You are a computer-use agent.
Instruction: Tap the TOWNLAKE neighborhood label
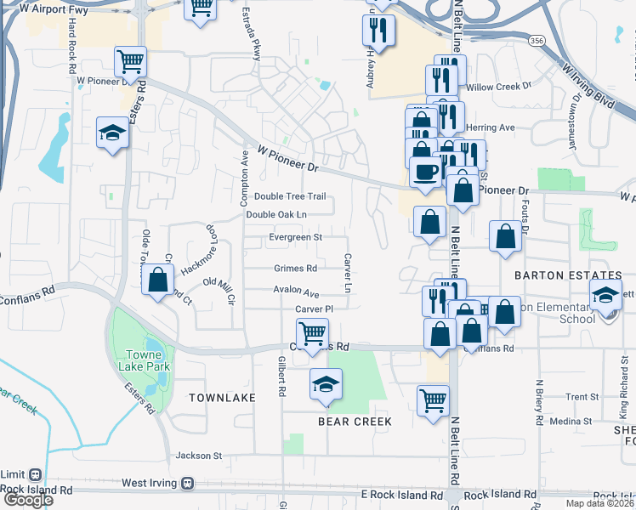[x=222, y=398]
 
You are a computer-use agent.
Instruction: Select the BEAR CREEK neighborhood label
[x=355, y=422]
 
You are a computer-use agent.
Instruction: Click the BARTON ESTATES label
[x=568, y=276]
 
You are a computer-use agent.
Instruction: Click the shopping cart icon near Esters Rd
[x=131, y=61]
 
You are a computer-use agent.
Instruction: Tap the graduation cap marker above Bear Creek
[x=325, y=384]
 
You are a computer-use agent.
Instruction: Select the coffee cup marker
[x=425, y=172]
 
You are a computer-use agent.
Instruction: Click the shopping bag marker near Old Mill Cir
[x=158, y=280]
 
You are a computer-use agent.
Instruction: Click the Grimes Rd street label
[x=295, y=269]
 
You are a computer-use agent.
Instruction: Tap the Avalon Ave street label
[x=296, y=290]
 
